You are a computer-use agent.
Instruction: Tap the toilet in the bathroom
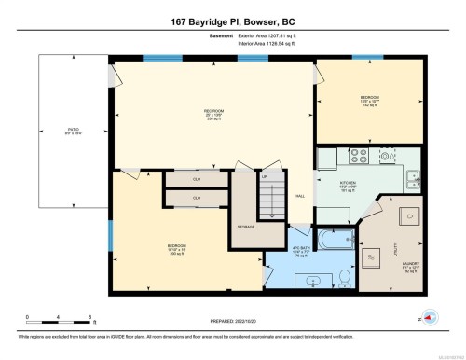click(344, 276)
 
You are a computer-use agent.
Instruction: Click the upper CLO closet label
click(197, 178)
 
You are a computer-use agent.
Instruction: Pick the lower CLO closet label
click(197, 198)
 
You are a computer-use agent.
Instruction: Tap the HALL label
click(300, 197)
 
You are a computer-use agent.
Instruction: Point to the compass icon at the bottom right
click(429, 317)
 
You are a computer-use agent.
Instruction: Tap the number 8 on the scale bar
click(89, 317)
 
